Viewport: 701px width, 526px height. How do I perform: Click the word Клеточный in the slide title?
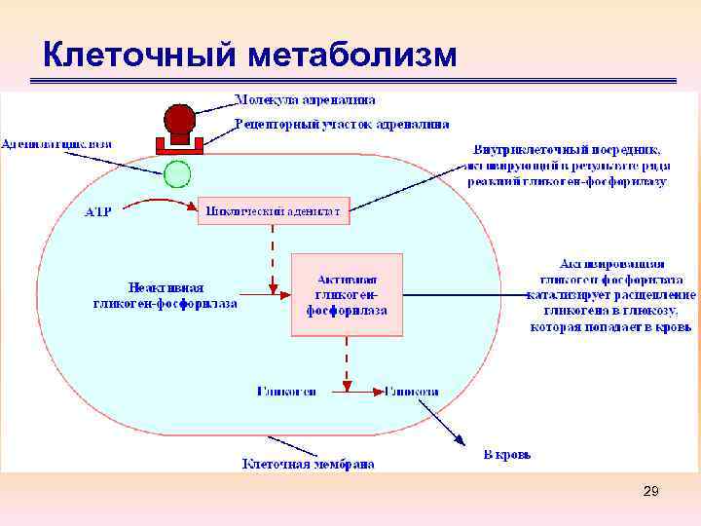point(138,56)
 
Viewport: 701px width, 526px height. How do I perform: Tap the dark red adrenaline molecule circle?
point(179,121)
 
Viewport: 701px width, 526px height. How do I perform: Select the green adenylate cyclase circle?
point(177,174)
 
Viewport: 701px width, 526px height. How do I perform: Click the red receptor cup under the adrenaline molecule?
point(179,145)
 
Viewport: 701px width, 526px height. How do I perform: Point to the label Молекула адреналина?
point(305,99)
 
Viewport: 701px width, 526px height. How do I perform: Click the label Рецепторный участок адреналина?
point(342,125)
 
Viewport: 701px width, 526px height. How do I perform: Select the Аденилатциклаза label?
point(56,143)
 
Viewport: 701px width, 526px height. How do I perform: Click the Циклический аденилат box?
point(274,210)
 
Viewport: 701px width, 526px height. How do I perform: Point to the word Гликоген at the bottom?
point(286,391)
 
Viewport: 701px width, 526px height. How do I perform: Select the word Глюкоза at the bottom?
point(411,391)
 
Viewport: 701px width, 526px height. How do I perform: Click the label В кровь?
point(506,454)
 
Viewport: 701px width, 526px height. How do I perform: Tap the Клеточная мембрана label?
point(308,465)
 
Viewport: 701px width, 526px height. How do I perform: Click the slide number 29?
point(650,493)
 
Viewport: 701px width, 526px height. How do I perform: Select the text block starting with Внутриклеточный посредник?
point(567,166)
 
